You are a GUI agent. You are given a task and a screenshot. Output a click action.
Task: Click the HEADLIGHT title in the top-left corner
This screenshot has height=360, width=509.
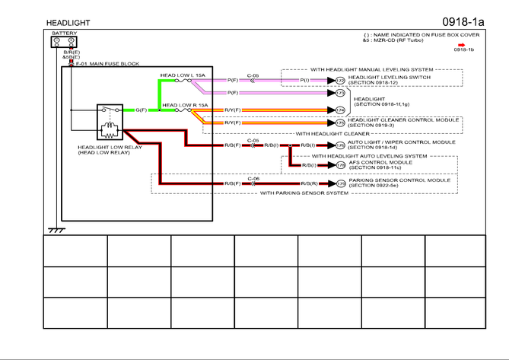coord(68,23)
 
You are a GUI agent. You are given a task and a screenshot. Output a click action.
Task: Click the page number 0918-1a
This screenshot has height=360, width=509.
coord(463,21)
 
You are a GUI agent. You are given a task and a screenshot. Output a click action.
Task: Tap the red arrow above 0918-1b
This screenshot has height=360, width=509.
coord(461,44)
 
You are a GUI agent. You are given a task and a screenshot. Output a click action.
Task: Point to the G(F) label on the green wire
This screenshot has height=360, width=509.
coord(142,110)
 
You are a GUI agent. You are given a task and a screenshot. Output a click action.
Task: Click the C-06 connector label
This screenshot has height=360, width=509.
coord(254,179)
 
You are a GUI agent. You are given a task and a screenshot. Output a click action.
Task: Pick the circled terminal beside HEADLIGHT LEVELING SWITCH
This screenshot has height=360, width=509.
coord(340,80)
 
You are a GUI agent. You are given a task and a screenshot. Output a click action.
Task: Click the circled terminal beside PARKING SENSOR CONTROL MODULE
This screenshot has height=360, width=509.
coord(340,184)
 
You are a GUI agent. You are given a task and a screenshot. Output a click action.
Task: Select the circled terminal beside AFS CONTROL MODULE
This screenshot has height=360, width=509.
coord(340,165)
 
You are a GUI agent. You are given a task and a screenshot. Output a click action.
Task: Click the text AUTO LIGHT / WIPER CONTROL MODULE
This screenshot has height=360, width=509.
coord(402,142)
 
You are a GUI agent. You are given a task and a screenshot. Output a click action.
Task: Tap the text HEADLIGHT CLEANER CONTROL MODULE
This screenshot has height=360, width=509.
coord(403,119)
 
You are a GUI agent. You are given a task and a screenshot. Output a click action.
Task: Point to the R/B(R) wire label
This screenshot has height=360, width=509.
coord(308,184)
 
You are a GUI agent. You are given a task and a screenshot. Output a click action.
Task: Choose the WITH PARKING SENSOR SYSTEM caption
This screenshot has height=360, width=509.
coord(304,193)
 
